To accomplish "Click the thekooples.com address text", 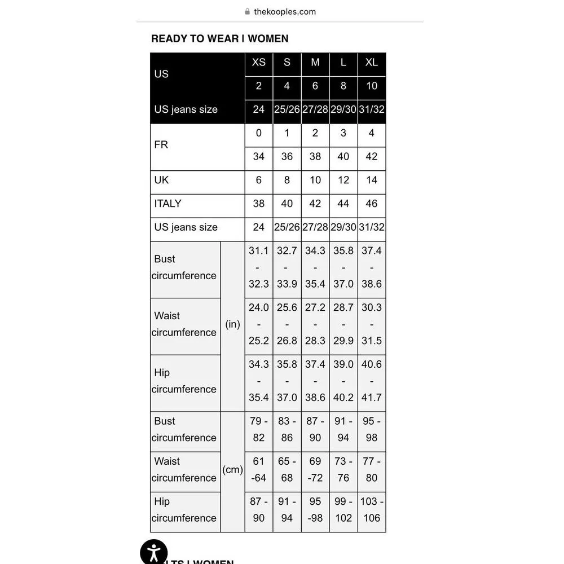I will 284,11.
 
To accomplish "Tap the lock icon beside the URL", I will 247,11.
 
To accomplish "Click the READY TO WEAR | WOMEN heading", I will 219,39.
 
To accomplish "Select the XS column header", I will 258,63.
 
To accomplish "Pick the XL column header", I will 371,63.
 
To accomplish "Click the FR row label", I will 161,145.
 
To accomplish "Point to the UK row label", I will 161,180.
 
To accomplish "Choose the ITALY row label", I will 168,204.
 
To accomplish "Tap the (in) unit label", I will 232,324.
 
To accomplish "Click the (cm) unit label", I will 232,470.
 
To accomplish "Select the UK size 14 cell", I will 371,180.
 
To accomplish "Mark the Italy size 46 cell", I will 371,204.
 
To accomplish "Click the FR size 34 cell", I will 258,157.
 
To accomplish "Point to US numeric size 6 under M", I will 315,86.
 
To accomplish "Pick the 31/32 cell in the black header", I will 371,109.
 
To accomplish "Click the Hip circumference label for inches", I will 184,381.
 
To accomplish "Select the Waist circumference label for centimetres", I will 184,470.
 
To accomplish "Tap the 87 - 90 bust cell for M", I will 315,430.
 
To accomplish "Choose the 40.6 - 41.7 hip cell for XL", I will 371,381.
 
